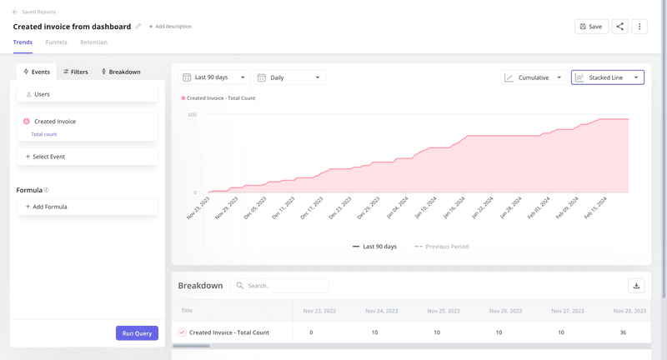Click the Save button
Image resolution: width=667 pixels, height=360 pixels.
591,27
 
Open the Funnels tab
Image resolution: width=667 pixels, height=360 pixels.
57,42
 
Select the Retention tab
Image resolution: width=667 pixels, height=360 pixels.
93,42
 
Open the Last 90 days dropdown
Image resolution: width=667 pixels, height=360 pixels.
215,77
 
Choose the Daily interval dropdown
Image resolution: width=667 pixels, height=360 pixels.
289,77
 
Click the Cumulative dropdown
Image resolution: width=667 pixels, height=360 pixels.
534,77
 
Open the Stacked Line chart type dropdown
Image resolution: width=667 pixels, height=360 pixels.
607,77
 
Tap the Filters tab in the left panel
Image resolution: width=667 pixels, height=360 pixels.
76,72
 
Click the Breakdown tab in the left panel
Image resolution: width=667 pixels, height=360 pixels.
121,72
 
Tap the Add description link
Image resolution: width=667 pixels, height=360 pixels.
170,27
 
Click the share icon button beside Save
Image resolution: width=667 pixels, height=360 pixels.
620,27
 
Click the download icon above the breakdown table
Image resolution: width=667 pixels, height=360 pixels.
637,286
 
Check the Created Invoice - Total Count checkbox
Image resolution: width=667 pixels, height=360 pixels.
183,332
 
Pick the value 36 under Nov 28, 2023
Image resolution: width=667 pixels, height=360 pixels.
623,332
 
